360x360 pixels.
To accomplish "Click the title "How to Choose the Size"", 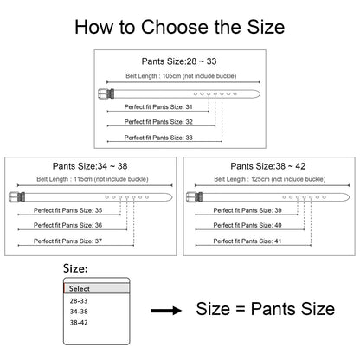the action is [x=180, y=27].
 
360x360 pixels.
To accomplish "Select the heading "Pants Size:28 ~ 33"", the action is [x=179, y=61].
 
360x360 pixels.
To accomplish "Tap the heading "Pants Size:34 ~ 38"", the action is [x=90, y=166].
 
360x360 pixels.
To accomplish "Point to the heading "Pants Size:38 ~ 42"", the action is [x=268, y=166].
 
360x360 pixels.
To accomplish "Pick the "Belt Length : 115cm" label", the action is [x=65, y=179].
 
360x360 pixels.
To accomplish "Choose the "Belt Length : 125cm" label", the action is [x=242, y=179].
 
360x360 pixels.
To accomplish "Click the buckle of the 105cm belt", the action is [x=106, y=93].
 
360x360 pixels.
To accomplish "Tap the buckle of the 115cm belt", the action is [x=17, y=197].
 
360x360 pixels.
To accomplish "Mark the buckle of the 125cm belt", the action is [x=195, y=197].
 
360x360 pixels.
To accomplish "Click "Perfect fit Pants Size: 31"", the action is [x=158, y=107].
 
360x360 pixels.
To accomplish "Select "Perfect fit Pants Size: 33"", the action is [x=158, y=138].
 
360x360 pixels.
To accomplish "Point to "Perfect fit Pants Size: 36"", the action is [x=67, y=225].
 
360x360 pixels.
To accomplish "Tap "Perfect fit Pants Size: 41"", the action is [x=247, y=241].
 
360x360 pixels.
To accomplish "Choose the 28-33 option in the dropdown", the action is [x=79, y=301].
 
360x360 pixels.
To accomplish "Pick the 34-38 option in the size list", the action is [x=79, y=312].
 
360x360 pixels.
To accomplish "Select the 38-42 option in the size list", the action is [x=79, y=323].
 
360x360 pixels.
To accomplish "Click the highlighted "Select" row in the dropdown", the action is [x=96, y=288].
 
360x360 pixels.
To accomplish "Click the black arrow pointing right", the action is [x=166, y=311].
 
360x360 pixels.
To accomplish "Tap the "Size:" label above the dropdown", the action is [x=75, y=268].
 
